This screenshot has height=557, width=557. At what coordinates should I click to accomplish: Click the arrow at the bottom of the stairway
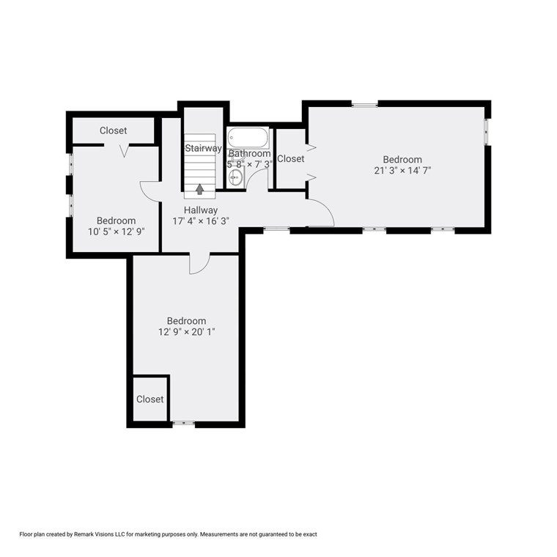pos(199,189)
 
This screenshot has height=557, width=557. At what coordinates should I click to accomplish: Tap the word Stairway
pos(203,148)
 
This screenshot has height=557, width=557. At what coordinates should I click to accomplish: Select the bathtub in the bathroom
pos(248,137)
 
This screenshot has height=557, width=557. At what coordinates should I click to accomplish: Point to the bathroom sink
pos(235,177)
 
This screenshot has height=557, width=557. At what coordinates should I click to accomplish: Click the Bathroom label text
pos(249,154)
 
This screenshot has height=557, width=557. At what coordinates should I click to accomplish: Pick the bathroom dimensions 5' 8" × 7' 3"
pos(249,165)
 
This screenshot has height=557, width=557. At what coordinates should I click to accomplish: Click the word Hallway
pos(200,210)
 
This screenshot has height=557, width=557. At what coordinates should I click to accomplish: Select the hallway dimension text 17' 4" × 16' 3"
pos(200,221)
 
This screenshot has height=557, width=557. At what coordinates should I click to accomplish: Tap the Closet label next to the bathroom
pos(291,158)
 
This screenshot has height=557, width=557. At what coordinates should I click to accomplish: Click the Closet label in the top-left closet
pos(114,130)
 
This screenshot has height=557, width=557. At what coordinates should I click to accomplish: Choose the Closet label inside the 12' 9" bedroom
pos(150,399)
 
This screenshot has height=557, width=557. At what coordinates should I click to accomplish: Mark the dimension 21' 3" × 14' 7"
pos(402,171)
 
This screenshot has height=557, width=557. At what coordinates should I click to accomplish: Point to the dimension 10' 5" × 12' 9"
pos(116,232)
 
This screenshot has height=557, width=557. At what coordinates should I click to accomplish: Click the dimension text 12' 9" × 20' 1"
pos(186,332)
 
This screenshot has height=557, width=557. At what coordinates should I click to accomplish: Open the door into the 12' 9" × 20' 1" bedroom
pos(199,264)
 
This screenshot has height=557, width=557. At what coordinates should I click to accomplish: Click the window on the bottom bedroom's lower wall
pos(183,423)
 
